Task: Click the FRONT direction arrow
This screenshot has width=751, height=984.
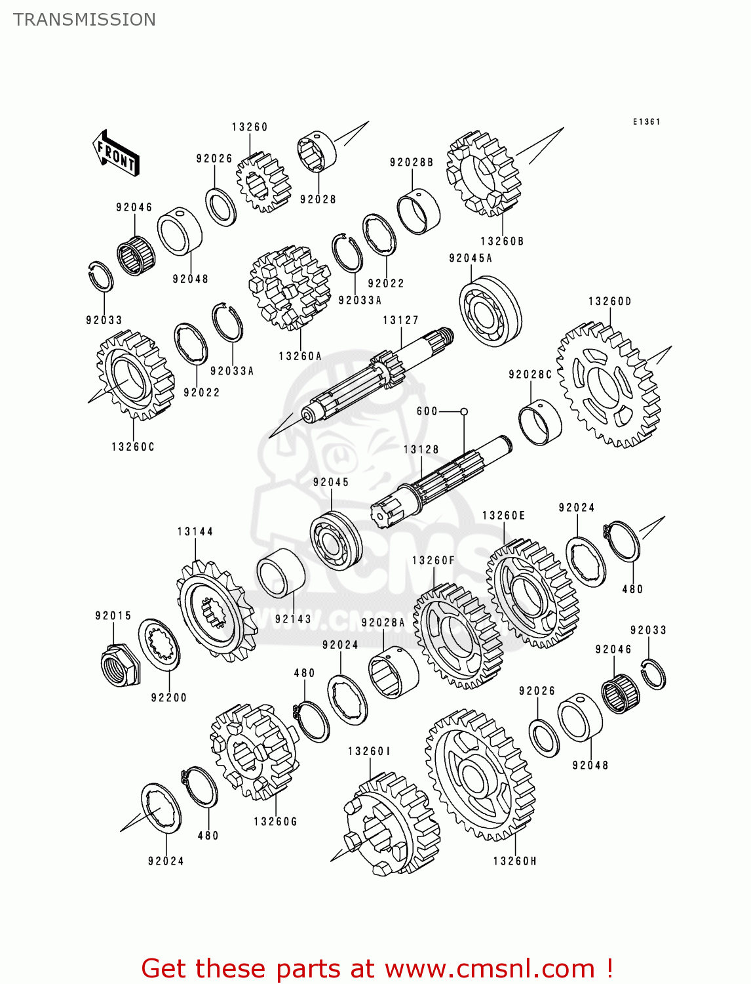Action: [116, 154]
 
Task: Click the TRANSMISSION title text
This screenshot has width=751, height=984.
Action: [85, 20]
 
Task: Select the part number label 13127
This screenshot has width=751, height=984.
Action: [400, 320]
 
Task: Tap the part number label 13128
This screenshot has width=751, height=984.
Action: [421, 449]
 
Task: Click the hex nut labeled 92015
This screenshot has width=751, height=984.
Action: [121, 665]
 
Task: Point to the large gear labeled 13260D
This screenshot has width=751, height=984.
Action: [607, 384]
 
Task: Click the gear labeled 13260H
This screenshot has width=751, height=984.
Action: [480, 775]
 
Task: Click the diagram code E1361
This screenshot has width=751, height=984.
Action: [646, 121]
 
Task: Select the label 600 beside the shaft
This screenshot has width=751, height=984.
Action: [427, 411]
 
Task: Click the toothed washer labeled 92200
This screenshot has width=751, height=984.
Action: [159, 644]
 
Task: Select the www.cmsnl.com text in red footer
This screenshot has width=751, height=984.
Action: [489, 968]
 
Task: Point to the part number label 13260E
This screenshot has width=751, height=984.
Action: [503, 516]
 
